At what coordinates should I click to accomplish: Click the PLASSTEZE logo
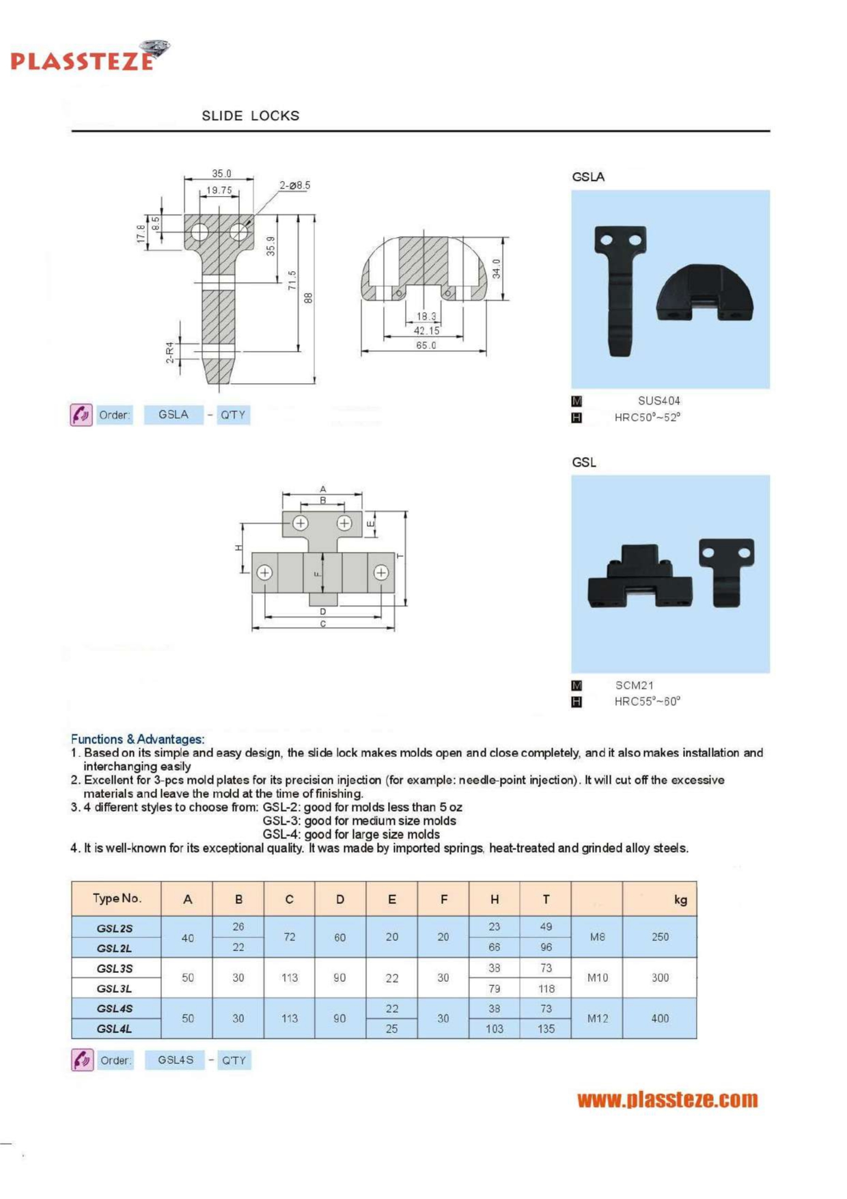click(89, 57)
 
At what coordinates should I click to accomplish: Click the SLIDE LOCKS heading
click(250, 115)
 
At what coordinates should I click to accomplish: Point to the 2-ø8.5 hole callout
click(294, 185)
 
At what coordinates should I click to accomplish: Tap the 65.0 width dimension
click(426, 346)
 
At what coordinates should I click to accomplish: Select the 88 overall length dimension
click(308, 299)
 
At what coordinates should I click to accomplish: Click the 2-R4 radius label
click(170, 353)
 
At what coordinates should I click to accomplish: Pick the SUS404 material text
click(658, 401)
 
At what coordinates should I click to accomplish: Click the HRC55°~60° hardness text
click(647, 702)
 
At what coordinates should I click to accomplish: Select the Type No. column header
click(117, 898)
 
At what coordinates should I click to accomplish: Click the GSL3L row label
click(115, 989)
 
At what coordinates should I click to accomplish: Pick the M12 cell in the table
click(597, 1019)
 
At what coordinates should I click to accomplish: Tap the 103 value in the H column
click(494, 1029)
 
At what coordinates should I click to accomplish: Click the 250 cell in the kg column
click(660, 937)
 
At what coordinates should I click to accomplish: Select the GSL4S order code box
click(176, 1060)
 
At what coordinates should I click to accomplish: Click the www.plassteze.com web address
click(667, 1100)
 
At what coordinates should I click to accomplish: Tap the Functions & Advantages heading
click(137, 739)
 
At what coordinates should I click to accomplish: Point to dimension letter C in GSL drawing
click(323, 624)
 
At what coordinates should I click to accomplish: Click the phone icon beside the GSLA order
click(81, 415)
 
